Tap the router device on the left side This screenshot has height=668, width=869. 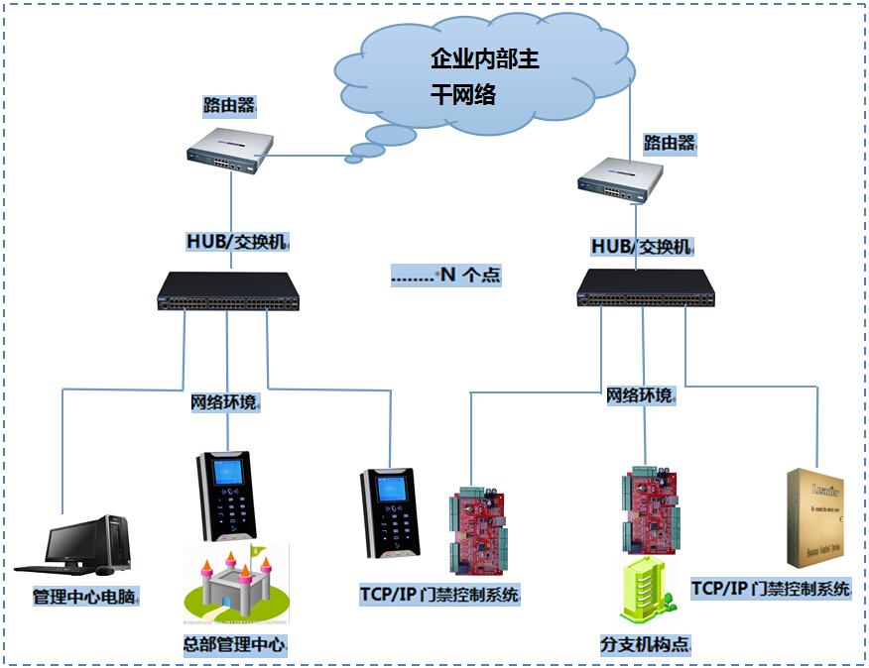(x=230, y=150)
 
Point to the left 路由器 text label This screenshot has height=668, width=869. (x=229, y=105)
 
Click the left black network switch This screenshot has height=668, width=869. (x=228, y=291)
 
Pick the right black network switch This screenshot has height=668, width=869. (x=646, y=286)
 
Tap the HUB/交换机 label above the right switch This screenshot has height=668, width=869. (x=642, y=247)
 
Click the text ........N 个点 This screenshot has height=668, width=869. (x=445, y=276)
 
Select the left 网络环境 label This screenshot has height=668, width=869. (x=224, y=402)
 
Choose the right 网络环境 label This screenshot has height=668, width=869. (x=640, y=395)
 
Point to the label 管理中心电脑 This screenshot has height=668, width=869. (x=85, y=598)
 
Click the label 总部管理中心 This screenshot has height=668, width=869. (x=234, y=645)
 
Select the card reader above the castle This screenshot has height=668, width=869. (x=227, y=497)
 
